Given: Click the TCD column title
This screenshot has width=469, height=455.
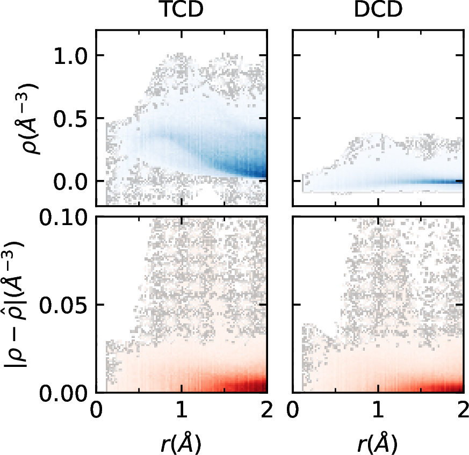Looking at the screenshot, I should [182, 12].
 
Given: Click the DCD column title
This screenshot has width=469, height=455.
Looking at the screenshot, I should [378, 12].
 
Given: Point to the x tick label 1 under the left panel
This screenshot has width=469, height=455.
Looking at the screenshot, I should [182, 411].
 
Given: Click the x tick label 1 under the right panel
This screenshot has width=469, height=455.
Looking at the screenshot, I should [378, 411].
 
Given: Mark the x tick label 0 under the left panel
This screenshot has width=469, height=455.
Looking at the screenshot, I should [96, 411].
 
